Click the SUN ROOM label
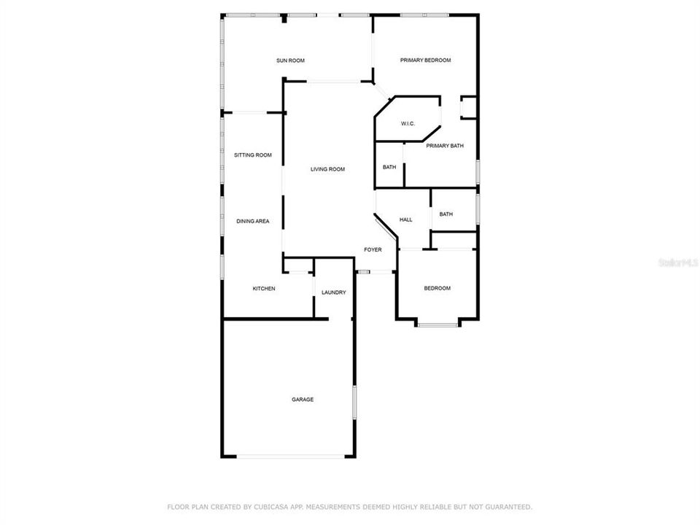click(x=290, y=61)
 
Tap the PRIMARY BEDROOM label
click(x=425, y=61)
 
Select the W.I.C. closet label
click(x=408, y=123)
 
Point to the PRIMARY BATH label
click(x=445, y=146)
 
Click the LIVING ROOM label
click(x=327, y=169)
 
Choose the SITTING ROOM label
click(x=252, y=155)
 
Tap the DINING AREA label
click(x=252, y=221)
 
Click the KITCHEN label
click(x=264, y=289)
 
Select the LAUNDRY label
click(x=333, y=292)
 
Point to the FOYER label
click(x=373, y=250)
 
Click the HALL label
click(x=406, y=219)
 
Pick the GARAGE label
click(x=303, y=400)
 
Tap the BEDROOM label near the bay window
click(x=437, y=289)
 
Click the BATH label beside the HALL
click(x=446, y=214)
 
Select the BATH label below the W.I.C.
click(x=389, y=167)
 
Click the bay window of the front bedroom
click(x=437, y=324)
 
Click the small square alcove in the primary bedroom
click(x=468, y=107)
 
